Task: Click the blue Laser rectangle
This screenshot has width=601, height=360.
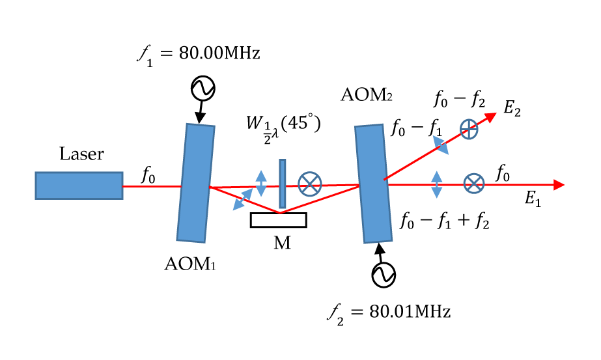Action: [x=79, y=185]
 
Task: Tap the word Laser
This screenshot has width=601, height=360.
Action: [x=81, y=155]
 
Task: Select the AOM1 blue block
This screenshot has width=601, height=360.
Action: [x=195, y=182]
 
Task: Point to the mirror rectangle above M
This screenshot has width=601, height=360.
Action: [x=278, y=220]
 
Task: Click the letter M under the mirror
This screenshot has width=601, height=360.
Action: [x=282, y=244]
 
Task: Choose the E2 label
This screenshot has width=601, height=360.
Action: [x=513, y=109]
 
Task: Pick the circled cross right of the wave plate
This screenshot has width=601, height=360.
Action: [x=309, y=184]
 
